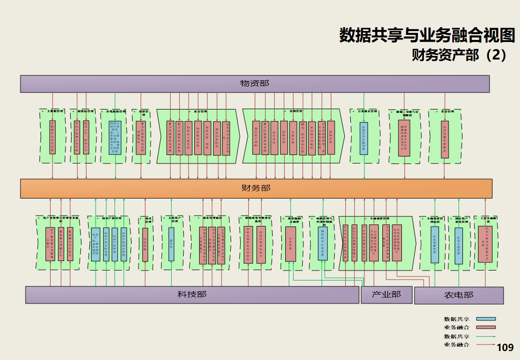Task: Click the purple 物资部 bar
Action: pos(254,83)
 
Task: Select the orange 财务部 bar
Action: pos(256,188)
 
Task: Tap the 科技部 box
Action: pos(192,294)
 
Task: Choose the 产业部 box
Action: pos(386,294)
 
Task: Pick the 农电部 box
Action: pos(458,295)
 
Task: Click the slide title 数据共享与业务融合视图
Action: pos(427,35)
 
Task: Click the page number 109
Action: pos(505,347)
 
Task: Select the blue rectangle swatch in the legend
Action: pos(485,319)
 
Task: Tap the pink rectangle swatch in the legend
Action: pos(485,327)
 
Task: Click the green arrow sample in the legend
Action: pos(485,336)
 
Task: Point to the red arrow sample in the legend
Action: pos(485,344)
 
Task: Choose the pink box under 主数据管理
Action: pos(53,136)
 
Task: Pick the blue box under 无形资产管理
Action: pos(171,244)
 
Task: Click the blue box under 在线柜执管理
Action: pos(115,136)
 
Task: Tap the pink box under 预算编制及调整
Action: pos(290,244)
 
